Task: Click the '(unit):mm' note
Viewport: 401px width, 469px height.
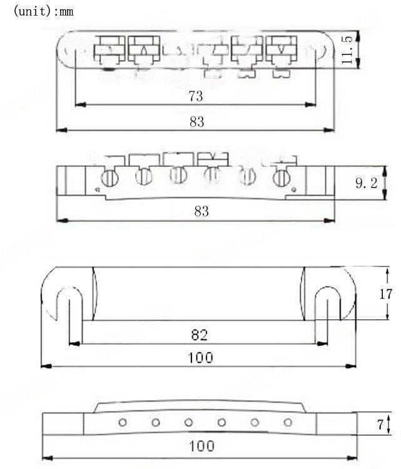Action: pos(44,11)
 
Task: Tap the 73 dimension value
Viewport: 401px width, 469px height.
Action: pos(196,96)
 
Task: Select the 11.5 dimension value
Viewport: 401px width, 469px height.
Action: pos(347,49)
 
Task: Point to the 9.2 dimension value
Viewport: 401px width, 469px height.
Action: pos(367,183)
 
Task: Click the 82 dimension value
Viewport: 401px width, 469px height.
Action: pos(200,335)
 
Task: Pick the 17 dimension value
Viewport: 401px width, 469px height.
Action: pos(385,294)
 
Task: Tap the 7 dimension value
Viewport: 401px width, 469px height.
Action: pos(380,424)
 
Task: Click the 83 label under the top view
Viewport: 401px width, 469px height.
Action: pos(197,122)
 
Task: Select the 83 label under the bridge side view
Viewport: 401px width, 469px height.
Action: pos(201,211)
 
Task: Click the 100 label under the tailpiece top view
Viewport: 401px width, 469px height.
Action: pos(200,358)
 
